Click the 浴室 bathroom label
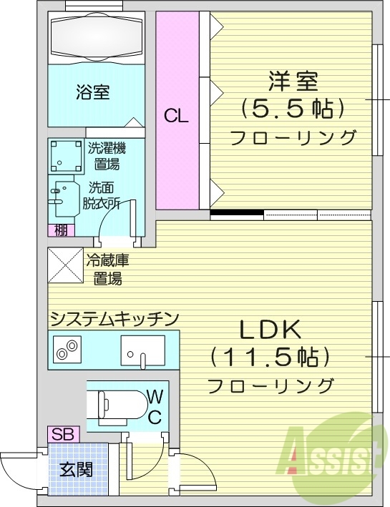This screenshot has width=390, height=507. pos(93,92)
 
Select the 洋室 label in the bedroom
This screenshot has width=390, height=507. pos(293,79)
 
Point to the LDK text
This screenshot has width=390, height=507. pos(271,329)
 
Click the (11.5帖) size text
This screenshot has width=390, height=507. pos(271,356)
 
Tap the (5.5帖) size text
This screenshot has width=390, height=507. pos(293,108)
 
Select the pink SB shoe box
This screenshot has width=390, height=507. pos(61,434)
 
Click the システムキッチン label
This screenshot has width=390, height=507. pos(114,319)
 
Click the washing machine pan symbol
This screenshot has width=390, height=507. pos(67,156)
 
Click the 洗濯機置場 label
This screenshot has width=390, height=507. pos(107,156)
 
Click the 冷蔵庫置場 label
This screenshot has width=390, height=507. pos(107,270)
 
